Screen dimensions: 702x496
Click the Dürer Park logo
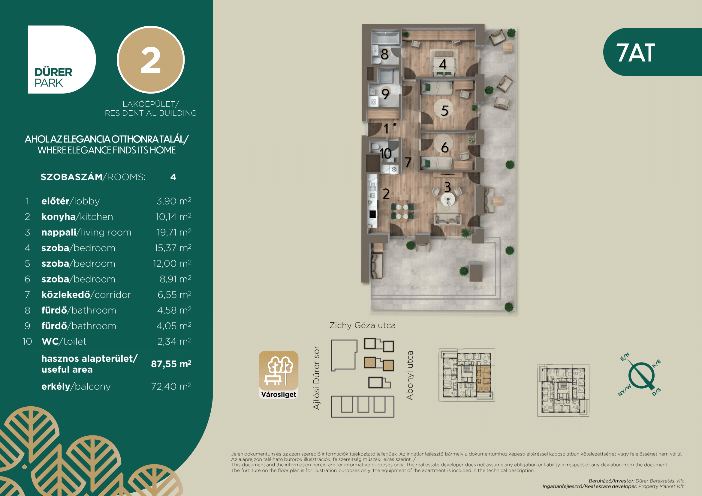click(62, 60)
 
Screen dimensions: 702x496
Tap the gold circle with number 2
click(151, 60)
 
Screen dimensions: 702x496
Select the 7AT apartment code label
click(636, 52)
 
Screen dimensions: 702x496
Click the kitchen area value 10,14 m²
click(173, 217)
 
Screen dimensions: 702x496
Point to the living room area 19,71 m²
click(174, 232)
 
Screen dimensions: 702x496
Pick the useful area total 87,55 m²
click(171, 364)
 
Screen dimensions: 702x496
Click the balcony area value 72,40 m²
click(171, 386)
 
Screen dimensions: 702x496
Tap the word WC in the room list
click(50, 342)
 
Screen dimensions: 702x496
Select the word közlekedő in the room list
click(66, 295)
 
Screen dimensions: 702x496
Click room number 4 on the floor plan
click(443, 64)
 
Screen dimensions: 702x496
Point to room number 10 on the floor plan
click(385, 153)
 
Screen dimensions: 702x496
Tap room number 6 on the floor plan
click(445, 148)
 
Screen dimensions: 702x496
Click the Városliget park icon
click(279, 375)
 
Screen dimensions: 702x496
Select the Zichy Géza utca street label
click(362, 325)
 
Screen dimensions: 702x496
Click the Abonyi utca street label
click(410, 375)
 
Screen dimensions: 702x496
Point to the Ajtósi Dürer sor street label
click(316, 378)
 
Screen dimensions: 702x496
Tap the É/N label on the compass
click(625, 357)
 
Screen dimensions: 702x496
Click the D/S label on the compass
click(656, 392)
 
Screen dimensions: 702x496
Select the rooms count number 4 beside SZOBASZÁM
click(173, 177)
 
